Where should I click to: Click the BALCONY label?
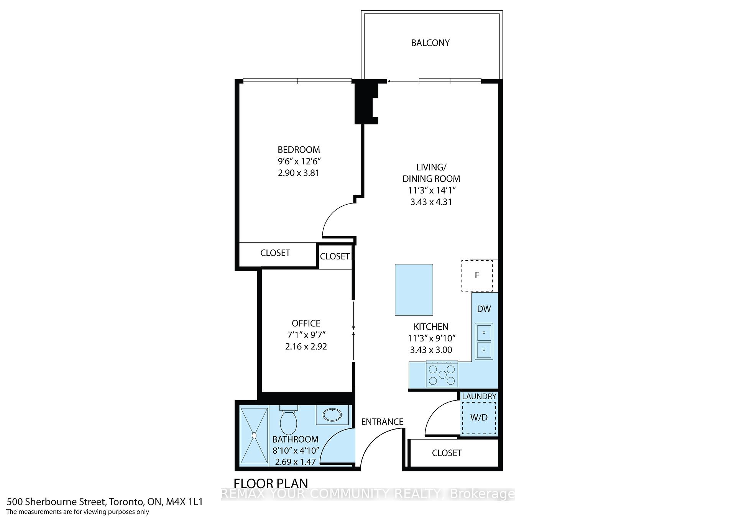(x=430, y=43)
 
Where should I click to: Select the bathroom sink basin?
(x=332, y=414)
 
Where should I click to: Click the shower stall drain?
(x=254, y=435)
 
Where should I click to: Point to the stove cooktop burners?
(x=442, y=375)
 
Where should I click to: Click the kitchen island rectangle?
(x=414, y=290)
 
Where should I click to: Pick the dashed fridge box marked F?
(x=477, y=275)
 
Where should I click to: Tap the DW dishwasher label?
(x=484, y=309)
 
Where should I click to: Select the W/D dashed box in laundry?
(x=479, y=418)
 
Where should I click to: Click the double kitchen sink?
(x=484, y=341)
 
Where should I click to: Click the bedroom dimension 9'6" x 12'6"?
(x=299, y=161)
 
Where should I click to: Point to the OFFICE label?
(x=306, y=323)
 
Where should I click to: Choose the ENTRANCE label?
(x=382, y=422)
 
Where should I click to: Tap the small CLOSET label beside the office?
(x=335, y=256)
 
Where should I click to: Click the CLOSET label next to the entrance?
(x=447, y=453)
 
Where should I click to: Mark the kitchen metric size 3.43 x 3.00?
(x=431, y=350)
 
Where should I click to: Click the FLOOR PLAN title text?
(x=271, y=484)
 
